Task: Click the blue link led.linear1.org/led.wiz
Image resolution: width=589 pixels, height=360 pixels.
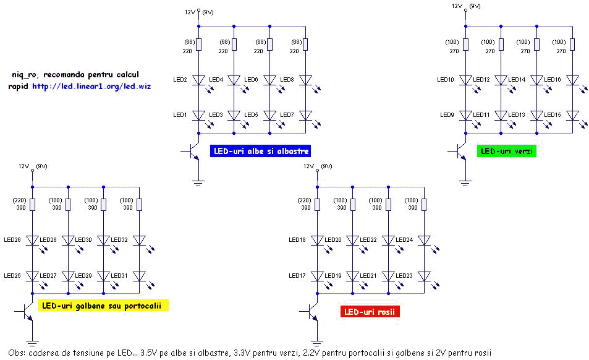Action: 91,86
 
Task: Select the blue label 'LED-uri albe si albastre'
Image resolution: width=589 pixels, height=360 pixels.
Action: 260,151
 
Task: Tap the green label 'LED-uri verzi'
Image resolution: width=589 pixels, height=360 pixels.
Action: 506,151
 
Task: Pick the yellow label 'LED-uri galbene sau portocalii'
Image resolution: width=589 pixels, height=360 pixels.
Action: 103,306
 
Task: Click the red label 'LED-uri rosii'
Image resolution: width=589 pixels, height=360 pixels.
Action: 370,312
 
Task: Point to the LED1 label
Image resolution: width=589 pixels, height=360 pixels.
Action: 180,115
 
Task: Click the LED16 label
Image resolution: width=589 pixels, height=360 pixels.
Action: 552,80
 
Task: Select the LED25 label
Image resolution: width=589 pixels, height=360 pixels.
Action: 12,275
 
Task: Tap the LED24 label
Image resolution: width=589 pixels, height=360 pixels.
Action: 404,240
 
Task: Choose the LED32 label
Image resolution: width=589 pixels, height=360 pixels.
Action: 119,240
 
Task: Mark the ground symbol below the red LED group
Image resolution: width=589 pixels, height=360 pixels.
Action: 317,342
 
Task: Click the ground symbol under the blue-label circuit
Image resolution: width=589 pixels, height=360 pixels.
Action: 198,183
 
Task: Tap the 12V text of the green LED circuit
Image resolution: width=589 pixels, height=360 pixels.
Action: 457,6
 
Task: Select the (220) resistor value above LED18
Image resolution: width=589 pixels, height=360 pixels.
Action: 304,200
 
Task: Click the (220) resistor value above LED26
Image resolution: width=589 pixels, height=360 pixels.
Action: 20,200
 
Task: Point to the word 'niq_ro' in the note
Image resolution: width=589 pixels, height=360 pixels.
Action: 24,75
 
